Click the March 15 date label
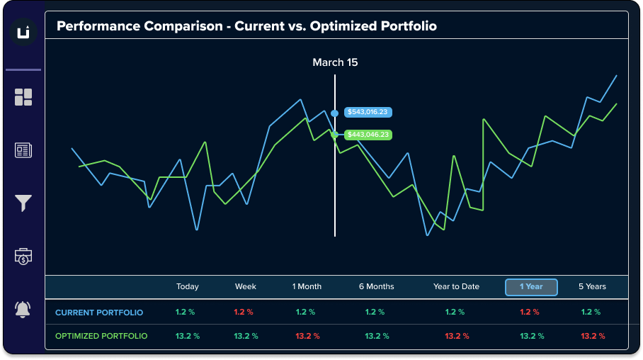tap(335, 62)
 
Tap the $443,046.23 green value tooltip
tap(368, 134)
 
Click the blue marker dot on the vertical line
tap(334, 113)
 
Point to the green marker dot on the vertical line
tap(334, 134)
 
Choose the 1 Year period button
tap(531, 287)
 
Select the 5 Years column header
tap(592, 287)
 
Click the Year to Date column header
tap(456, 287)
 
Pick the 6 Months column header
tap(376, 287)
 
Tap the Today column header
tap(188, 287)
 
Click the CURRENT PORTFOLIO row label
tap(99, 313)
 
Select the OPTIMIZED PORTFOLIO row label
tap(101, 336)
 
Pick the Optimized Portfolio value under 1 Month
tap(307, 336)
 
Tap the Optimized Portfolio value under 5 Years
tap(592, 336)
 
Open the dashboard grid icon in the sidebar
tap(23, 97)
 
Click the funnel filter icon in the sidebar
tap(23, 203)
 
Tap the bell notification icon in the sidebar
tap(23, 310)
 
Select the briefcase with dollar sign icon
tap(23, 257)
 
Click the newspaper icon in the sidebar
tap(23, 150)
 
